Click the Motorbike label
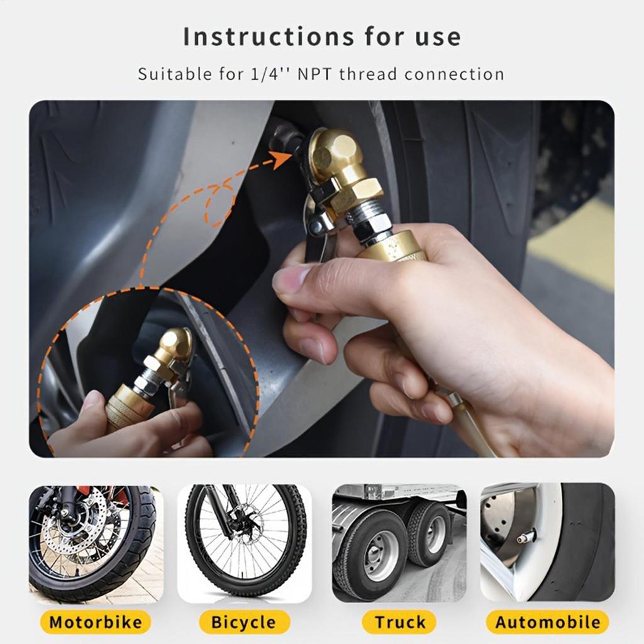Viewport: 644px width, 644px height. pyautogui.click(x=96, y=623)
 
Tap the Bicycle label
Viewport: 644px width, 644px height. pyautogui.click(x=244, y=623)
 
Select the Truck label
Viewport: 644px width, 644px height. pyautogui.click(x=399, y=623)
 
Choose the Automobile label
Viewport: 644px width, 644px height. pyautogui.click(x=547, y=623)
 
